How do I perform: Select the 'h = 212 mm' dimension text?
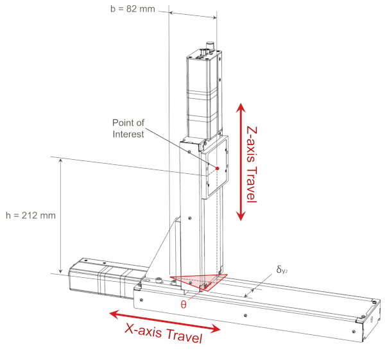pos(30,215)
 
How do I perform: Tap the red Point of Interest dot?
pos(218,168)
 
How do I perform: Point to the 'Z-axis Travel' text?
pos(252,163)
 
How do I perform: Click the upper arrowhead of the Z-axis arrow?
pos(241,108)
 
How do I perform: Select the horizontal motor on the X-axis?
pos(103,276)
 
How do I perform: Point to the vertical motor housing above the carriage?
pos(203,96)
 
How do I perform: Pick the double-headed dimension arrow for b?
pos(193,14)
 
